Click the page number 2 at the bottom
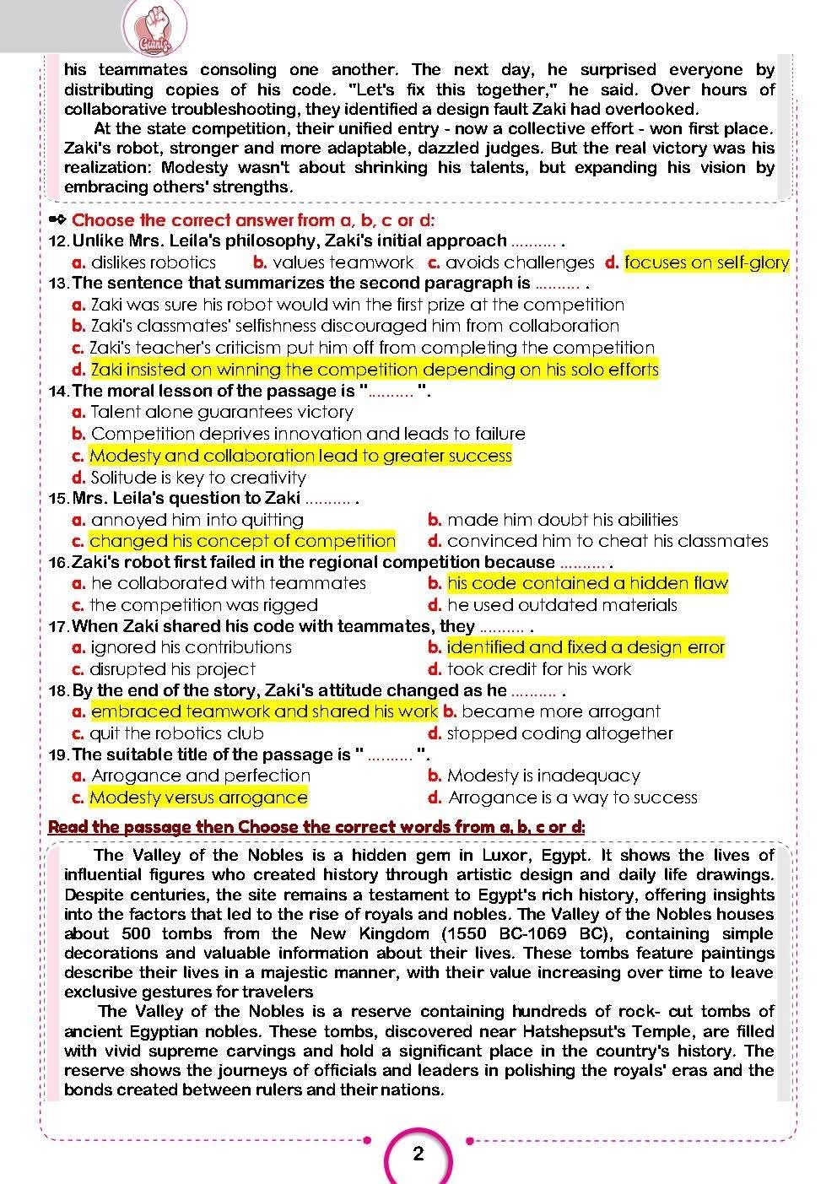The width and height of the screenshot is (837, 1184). [x=418, y=1154]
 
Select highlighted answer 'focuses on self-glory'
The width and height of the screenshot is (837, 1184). [x=706, y=262]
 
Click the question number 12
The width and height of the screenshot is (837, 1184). [x=59, y=241]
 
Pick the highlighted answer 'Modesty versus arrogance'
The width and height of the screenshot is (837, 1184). [x=198, y=797]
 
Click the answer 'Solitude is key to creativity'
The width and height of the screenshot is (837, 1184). [x=198, y=478]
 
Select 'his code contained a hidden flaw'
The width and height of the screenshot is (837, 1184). [x=587, y=583]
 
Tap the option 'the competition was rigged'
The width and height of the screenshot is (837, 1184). [x=204, y=605]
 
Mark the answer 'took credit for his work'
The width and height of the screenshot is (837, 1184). [x=539, y=669]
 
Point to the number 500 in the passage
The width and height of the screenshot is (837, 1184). [x=137, y=933]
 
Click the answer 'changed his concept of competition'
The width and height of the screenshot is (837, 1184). [x=242, y=541]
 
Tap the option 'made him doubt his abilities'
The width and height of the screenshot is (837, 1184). [x=563, y=520]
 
